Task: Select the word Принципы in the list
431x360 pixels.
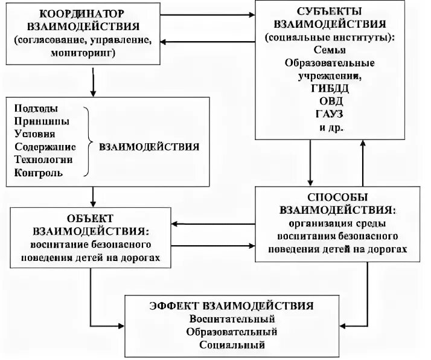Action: (39, 121)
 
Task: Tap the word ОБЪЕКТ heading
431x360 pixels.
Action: (90, 218)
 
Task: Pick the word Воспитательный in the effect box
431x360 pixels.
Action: (232, 318)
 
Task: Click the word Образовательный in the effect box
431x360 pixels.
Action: (232, 332)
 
